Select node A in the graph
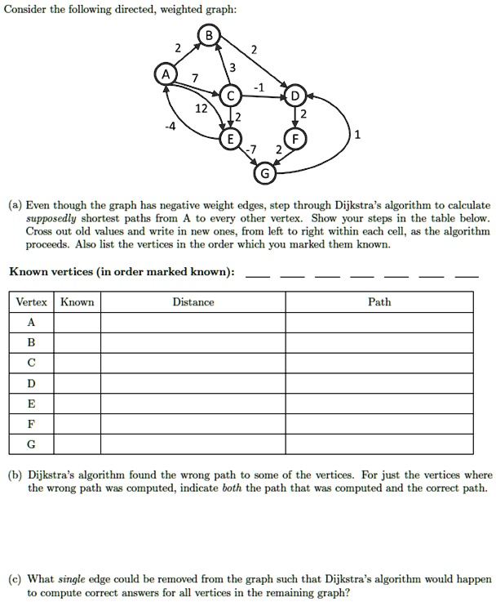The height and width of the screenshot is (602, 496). pyautogui.click(x=166, y=74)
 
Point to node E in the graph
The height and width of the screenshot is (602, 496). pyautogui.click(x=231, y=139)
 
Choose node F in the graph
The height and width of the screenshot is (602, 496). pyautogui.click(x=294, y=139)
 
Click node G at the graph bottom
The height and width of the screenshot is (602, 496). pyautogui.click(x=263, y=174)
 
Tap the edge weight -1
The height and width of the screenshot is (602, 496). pyautogui.click(x=258, y=85)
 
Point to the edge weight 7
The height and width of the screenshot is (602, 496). pyautogui.click(x=193, y=78)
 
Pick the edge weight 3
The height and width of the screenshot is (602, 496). pyautogui.click(x=233, y=66)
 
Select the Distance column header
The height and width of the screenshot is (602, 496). pyautogui.click(x=193, y=302)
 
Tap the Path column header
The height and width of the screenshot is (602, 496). pyautogui.click(x=379, y=302)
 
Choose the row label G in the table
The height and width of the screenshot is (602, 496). pyautogui.click(x=30, y=444)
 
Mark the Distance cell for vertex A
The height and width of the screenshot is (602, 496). pyautogui.click(x=193, y=323)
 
